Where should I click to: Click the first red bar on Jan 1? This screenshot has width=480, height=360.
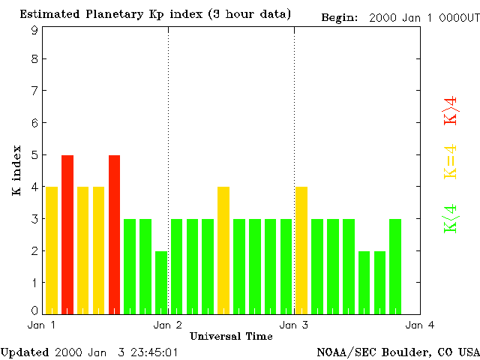pyautogui.click(x=67, y=234)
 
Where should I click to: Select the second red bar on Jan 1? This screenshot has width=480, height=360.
pyautogui.click(x=114, y=234)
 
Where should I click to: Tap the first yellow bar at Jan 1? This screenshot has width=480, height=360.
pyautogui.click(x=52, y=250)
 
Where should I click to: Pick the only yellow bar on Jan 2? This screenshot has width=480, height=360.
pyautogui.click(x=223, y=250)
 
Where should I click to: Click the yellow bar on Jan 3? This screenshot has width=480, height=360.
pyautogui.click(x=301, y=250)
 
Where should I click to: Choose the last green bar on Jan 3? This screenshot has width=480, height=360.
pyautogui.click(x=395, y=266)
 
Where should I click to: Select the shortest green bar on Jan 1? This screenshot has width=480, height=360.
pyautogui.click(x=161, y=282)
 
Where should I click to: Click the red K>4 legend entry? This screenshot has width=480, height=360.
pyautogui.click(x=451, y=110)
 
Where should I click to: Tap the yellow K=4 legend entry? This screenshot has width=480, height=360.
pyautogui.click(x=451, y=162)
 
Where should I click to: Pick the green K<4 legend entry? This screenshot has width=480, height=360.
pyautogui.click(x=451, y=218)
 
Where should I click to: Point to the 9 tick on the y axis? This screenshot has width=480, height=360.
pyautogui.click(x=34, y=30)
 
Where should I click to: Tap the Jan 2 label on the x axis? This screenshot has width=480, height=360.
pyautogui.click(x=168, y=325)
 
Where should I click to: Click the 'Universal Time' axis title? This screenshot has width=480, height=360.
pyautogui.click(x=231, y=336)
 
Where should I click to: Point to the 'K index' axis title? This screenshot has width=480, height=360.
pyautogui.click(x=16, y=171)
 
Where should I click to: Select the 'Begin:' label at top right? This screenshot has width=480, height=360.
pyautogui.click(x=341, y=17)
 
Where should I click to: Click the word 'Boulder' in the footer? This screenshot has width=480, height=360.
pyautogui.click(x=400, y=352)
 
